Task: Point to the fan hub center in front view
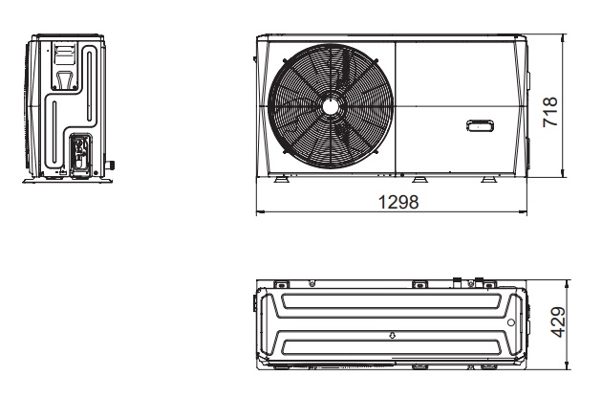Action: click(330, 105)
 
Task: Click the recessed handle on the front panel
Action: click(481, 125)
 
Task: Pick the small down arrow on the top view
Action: click(392, 336)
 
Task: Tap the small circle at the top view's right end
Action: click(508, 322)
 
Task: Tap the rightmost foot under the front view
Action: click(488, 179)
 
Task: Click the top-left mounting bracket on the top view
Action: click(281, 283)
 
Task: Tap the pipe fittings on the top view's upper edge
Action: click(467, 282)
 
